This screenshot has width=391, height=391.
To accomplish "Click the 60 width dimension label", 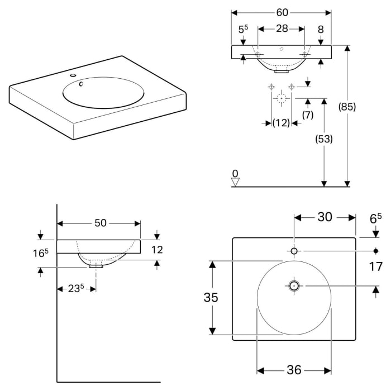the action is [x=282, y=12].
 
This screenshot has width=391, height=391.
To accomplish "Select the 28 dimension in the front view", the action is [x=282, y=28].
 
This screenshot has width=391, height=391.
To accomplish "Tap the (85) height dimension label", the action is [x=347, y=107].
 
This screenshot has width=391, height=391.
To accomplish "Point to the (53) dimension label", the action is [x=324, y=139].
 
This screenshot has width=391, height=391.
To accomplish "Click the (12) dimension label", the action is [x=281, y=123].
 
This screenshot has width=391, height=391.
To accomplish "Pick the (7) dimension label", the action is [x=308, y=115].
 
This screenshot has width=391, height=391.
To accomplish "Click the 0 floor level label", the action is [x=235, y=173].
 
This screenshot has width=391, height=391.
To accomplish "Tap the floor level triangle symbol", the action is [x=235, y=182].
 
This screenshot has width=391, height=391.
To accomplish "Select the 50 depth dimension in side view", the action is [x=100, y=223].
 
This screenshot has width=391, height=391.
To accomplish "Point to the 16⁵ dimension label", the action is [x=41, y=253].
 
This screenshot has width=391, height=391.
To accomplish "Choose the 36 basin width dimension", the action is [x=294, y=370].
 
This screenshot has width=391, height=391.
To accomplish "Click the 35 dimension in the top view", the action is [x=211, y=297].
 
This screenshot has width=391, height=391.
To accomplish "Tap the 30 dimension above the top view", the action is [x=325, y=217].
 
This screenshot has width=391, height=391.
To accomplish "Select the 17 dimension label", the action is [x=375, y=266].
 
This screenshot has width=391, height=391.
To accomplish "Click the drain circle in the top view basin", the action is [x=294, y=286].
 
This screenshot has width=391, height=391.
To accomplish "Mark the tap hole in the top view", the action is [x=294, y=251].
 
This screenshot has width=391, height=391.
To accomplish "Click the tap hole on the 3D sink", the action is [x=73, y=75].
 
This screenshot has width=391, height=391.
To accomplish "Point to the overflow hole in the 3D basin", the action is [x=81, y=84].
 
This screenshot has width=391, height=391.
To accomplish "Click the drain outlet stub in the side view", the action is [x=96, y=266].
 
